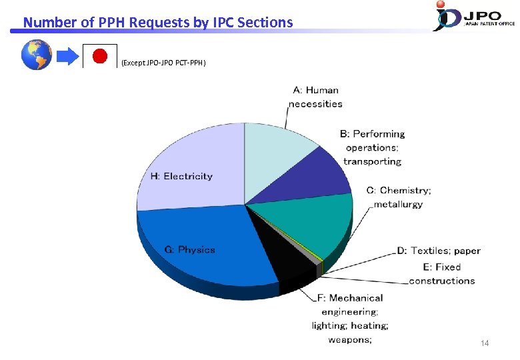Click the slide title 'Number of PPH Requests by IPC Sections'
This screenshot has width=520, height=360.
pos(158,23)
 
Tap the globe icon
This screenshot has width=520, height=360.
pos(37,55)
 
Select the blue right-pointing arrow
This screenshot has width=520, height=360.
pos(67,57)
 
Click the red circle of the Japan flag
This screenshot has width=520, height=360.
pos(99,57)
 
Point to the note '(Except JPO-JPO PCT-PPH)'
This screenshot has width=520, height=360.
pos(164,63)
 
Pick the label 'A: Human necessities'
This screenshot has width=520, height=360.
pos(315,97)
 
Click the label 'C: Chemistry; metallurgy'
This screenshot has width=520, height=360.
pos(399,197)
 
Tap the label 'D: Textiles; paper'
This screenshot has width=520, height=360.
pos(439,251)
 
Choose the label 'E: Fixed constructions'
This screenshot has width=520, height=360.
pos(441,274)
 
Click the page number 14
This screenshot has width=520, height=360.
pos(485,343)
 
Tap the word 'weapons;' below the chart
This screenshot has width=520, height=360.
pos(349,340)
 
